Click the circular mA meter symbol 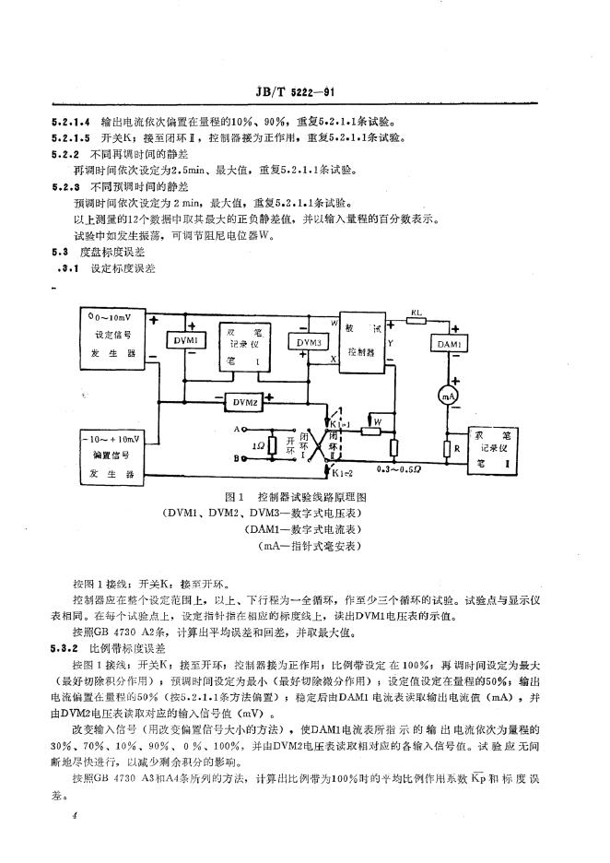click(x=449, y=394)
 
